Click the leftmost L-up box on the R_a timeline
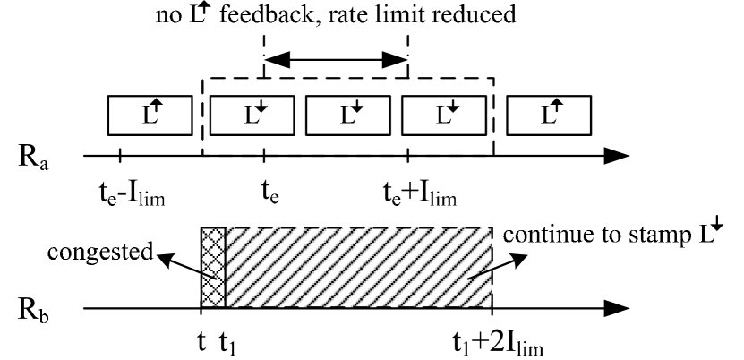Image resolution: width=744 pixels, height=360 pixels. pyautogui.click(x=150, y=115)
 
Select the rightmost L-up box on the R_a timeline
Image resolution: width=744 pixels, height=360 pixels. pyautogui.click(x=549, y=115)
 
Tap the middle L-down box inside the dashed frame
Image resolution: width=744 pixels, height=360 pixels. pyautogui.click(x=348, y=115)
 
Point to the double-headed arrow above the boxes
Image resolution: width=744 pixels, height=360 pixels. pyautogui.click(x=335, y=61)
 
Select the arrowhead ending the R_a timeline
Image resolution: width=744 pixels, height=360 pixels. pyautogui.click(x=616, y=156)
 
